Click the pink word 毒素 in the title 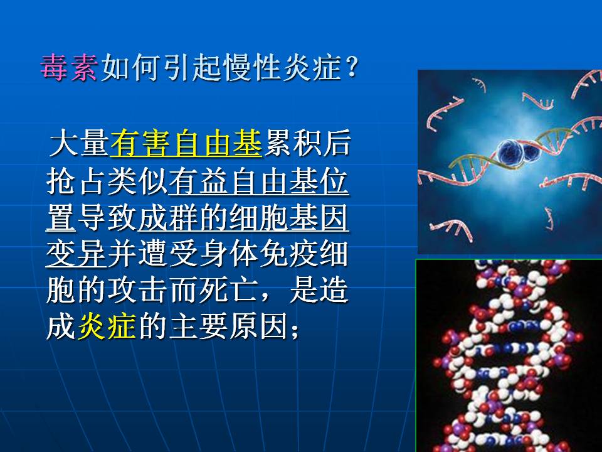[x=69, y=68]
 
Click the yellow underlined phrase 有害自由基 [x=186, y=143]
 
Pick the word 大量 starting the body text [x=79, y=143]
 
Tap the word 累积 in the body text [x=293, y=143]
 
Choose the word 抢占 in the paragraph [x=76, y=181]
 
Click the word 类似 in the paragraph [x=137, y=181]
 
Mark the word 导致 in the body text [x=107, y=218]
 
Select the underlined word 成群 [x=167, y=218]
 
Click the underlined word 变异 [x=76, y=254]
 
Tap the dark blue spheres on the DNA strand [x=517, y=152]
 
